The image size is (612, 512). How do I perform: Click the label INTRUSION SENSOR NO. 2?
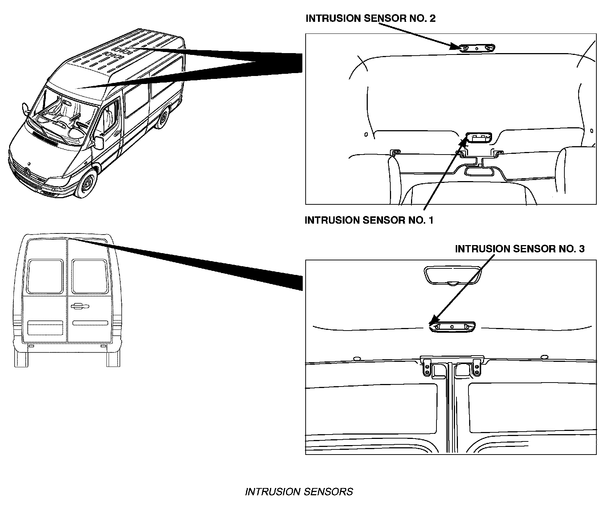[x=371, y=19]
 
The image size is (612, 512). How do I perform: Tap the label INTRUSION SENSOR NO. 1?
[x=369, y=220]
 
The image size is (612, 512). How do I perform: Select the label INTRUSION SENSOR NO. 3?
[x=520, y=249]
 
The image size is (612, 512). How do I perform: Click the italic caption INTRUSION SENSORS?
[x=299, y=492]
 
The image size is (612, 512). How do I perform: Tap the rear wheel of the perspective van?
[x=162, y=117]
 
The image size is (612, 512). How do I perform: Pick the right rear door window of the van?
[x=89, y=276]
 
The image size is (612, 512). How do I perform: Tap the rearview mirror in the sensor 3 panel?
[x=453, y=275]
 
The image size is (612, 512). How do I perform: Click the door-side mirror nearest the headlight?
[x=99, y=143]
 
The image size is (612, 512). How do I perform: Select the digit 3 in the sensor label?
[x=581, y=249]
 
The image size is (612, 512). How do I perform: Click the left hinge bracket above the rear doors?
[x=427, y=367]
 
